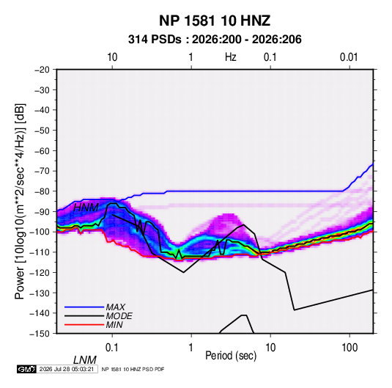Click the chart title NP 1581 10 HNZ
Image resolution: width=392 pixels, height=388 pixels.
tap(215, 21)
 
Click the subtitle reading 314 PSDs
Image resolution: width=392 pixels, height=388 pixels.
tap(155, 40)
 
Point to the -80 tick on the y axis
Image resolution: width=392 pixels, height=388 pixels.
tap(42, 191)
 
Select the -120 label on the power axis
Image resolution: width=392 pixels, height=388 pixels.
tap(40, 272)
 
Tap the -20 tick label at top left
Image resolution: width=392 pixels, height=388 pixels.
tap(42, 70)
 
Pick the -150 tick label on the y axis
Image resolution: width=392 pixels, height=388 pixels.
tap(40, 334)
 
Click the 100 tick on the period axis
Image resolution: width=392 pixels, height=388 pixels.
tap(350, 348)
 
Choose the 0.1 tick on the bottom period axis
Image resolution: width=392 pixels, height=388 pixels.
tap(112, 348)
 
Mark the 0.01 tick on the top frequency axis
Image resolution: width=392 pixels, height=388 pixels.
tap(349, 57)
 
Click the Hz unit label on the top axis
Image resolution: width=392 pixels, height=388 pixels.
tap(230, 57)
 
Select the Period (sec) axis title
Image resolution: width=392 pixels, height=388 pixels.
tap(231, 356)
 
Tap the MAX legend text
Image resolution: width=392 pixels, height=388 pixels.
tap(115, 307)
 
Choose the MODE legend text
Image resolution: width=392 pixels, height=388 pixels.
tap(119, 316)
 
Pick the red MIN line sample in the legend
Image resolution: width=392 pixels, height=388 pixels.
tap(84, 325)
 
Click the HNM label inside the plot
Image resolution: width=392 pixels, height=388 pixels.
tap(86, 208)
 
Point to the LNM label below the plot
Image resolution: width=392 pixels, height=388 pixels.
tap(85, 360)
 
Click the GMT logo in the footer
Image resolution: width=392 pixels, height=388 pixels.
tap(26, 369)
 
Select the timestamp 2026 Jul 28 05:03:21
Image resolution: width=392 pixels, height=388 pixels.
tap(67, 369)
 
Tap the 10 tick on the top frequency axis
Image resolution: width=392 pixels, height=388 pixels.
tap(112, 57)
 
